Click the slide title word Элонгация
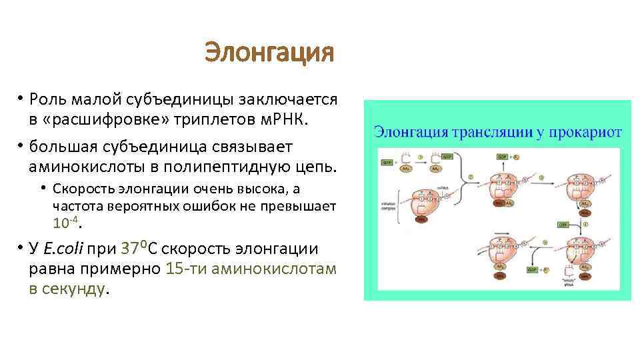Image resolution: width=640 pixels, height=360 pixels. [x=269, y=52]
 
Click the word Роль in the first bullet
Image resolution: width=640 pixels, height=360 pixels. [x=47, y=100]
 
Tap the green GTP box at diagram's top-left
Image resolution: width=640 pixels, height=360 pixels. [x=387, y=162]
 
